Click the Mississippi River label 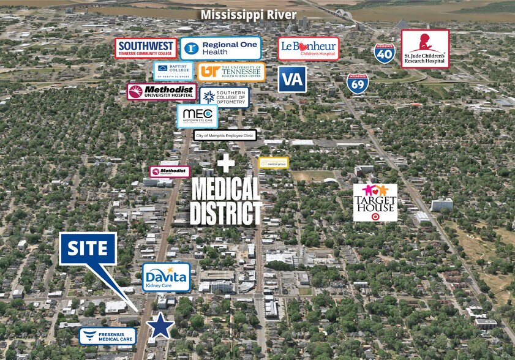click(249, 15)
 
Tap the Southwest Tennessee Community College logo click(146, 48)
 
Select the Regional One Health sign click(220, 48)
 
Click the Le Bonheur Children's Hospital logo click(308, 48)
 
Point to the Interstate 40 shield click(384, 53)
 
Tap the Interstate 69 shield click(357, 83)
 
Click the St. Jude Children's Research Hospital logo click(425, 49)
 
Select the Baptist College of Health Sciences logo click(173, 70)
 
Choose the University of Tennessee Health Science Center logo click(231, 72)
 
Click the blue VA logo click(292, 79)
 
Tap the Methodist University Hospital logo click(162, 92)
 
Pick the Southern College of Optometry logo click(224, 96)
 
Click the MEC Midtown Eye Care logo click(197, 116)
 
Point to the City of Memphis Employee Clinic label click(225, 135)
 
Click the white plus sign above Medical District click(226, 163)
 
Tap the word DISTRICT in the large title click(226, 212)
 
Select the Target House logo click(375, 202)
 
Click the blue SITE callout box click(88, 249)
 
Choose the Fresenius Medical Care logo click(107, 336)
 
